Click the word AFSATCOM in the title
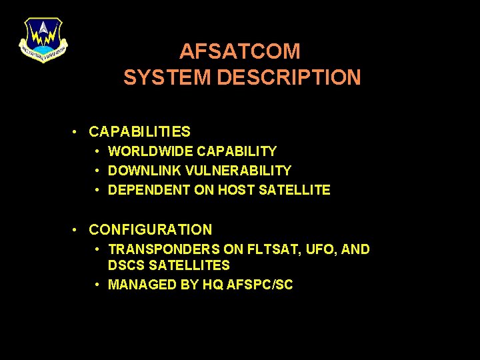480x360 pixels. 240,51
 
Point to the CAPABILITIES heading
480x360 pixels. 139,132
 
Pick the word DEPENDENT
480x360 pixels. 149,190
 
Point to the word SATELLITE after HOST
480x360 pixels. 294,190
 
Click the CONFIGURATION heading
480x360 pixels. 151,230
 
